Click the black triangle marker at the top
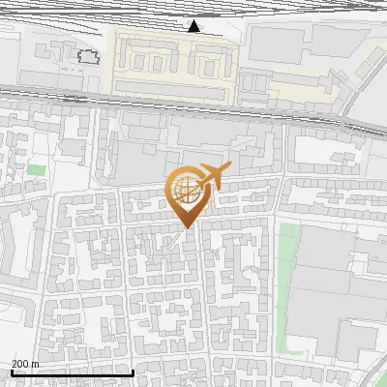[194, 26]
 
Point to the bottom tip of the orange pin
[185, 229]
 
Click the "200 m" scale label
[24, 364]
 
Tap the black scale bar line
[72, 372]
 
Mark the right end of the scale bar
[133, 372]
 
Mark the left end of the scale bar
[11, 372]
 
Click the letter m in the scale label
[34, 364]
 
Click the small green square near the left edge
[36, 170]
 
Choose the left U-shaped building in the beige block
[145, 62]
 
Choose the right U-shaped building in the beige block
[207, 64]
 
